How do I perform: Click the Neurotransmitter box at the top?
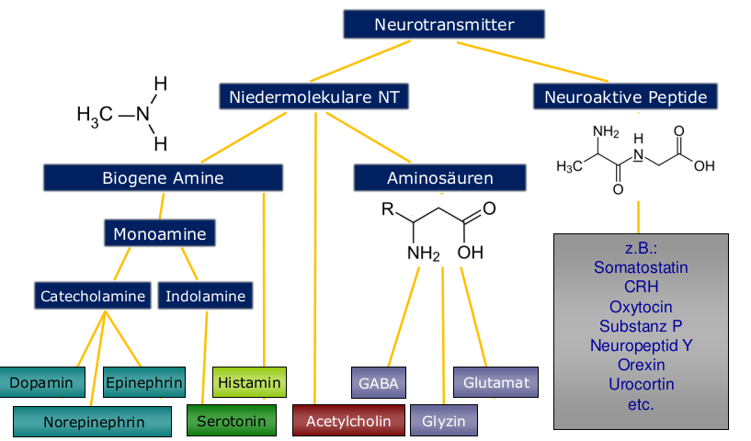pos(444,25)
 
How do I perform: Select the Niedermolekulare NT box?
pos(313,96)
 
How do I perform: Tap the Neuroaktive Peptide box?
pos(625,96)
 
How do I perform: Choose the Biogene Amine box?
pos(163,177)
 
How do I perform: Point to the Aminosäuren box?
pos(439,177)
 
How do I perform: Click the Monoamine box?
pos(160,234)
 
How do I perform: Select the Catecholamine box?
pos(93,296)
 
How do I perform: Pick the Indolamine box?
pos(206,296)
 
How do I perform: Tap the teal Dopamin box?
pos(42,381)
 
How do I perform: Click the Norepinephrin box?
pos(92,423)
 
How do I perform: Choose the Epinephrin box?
pos(143,381)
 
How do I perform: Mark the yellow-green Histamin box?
pos(249,380)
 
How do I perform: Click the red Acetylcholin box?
pos(348,421)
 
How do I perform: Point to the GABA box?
pos(379,381)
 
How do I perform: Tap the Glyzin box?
pos(444,422)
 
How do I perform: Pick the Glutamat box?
pos(496,381)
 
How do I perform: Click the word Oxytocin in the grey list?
pos(641,306)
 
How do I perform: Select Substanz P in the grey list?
pos(641,326)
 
